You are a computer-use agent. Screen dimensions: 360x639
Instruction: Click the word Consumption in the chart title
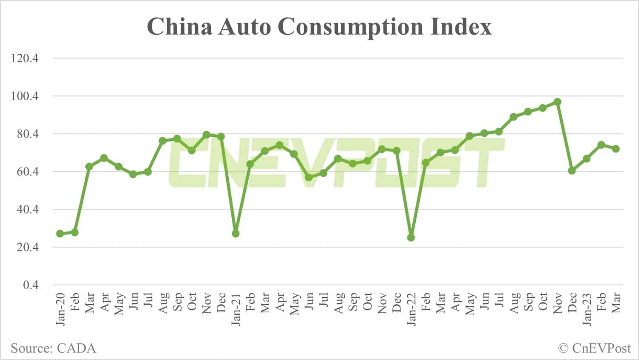[351, 26]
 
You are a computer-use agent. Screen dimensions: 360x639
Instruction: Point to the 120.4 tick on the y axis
[25, 58]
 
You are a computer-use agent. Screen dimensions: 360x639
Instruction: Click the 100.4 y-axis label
[25, 96]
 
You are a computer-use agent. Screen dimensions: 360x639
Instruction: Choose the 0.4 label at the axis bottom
[30, 285]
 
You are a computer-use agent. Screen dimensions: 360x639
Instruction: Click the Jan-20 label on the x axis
[60, 309]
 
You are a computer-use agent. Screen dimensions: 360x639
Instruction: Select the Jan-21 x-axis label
[236, 309]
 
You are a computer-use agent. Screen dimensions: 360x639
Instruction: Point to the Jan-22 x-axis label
[411, 309]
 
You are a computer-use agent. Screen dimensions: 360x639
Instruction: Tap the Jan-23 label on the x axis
[587, 309]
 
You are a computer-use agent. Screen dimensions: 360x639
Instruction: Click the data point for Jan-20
[60, 233]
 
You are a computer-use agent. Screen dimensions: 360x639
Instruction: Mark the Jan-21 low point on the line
[236, 233]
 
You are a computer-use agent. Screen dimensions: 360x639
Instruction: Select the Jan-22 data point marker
[411, 238]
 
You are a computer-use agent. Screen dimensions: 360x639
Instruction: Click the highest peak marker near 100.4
[557, 102]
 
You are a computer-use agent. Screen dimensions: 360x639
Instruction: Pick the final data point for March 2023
[616, 149]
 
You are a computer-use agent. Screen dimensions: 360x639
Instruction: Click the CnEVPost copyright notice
[594, 348]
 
